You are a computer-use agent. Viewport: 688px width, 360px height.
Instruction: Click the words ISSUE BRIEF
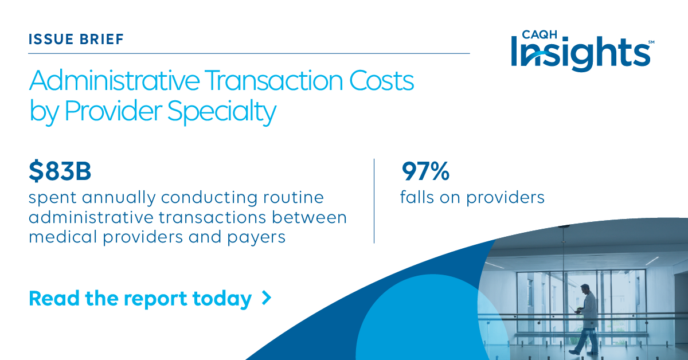[76, 40]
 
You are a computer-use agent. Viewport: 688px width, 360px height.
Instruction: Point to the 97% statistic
[425, 171]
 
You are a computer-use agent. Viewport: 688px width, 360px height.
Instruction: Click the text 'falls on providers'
[472, 198]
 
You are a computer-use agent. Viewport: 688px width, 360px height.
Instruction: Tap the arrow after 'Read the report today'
[266, 298]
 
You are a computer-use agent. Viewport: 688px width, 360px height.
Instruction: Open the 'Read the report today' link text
[140, 299]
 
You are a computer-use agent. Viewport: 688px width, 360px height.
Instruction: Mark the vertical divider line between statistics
[374, 201]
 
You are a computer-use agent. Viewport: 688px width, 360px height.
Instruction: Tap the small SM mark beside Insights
[651, 42]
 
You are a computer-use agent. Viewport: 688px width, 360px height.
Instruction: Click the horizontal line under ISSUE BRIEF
[249, 53]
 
